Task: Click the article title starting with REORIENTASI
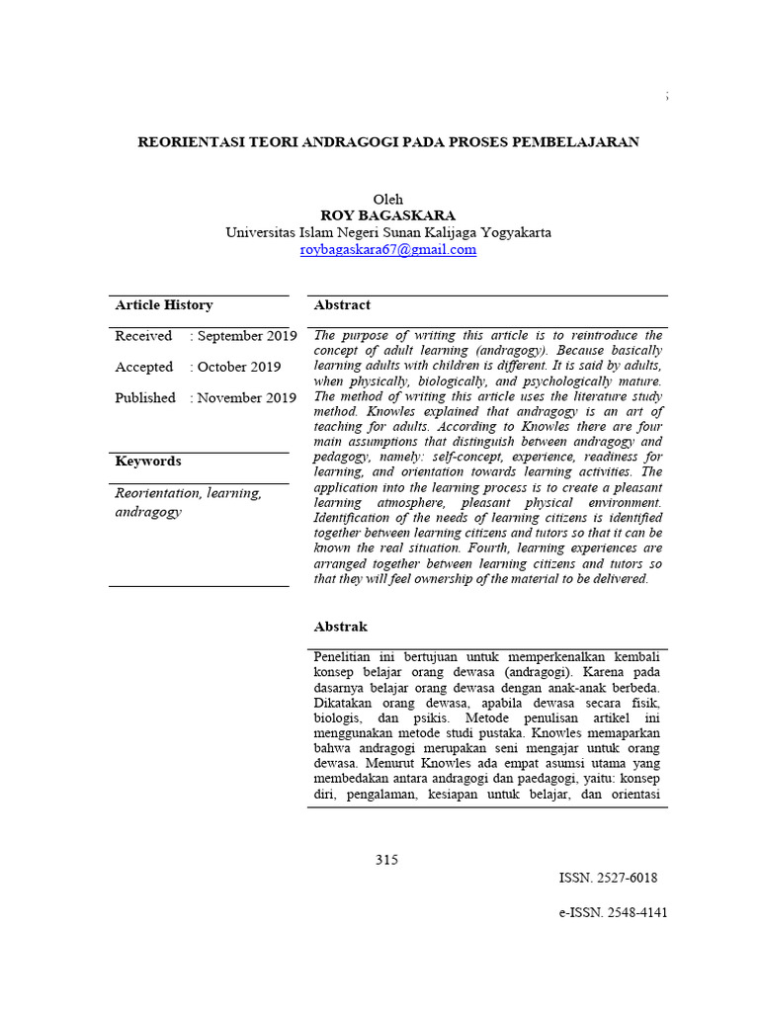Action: [387, 141]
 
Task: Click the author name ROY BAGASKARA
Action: [387, 215]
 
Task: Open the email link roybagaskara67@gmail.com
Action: [387, 250]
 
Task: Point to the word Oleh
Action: [387, 199]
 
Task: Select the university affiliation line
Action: [387, 232]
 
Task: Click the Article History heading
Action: [164, 305]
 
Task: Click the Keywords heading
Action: [148, 462]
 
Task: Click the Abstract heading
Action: [342, 305]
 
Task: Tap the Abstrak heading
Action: [341, 627]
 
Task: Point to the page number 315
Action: [386, 860]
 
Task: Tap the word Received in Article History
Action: [143, 336]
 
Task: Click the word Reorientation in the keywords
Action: [158, 492]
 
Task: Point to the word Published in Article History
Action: [145, 397]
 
